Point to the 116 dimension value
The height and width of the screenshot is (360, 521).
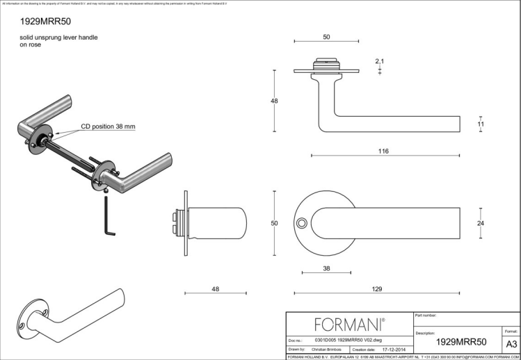[x=383, y=151]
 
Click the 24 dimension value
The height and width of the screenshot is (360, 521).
[x=480, y=222]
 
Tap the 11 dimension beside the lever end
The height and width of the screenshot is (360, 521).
[x=480, y=124]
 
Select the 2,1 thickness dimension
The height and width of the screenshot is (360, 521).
[x=379, y=62]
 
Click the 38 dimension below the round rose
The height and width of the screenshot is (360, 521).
[x=326, y=268]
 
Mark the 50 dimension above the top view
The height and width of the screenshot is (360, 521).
[x=326, y=36]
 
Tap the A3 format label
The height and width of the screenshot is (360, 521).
[x=511, y=343]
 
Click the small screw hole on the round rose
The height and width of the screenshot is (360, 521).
[x=301, y=223]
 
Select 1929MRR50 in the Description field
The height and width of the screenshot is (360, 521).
[x=460, y=342]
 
